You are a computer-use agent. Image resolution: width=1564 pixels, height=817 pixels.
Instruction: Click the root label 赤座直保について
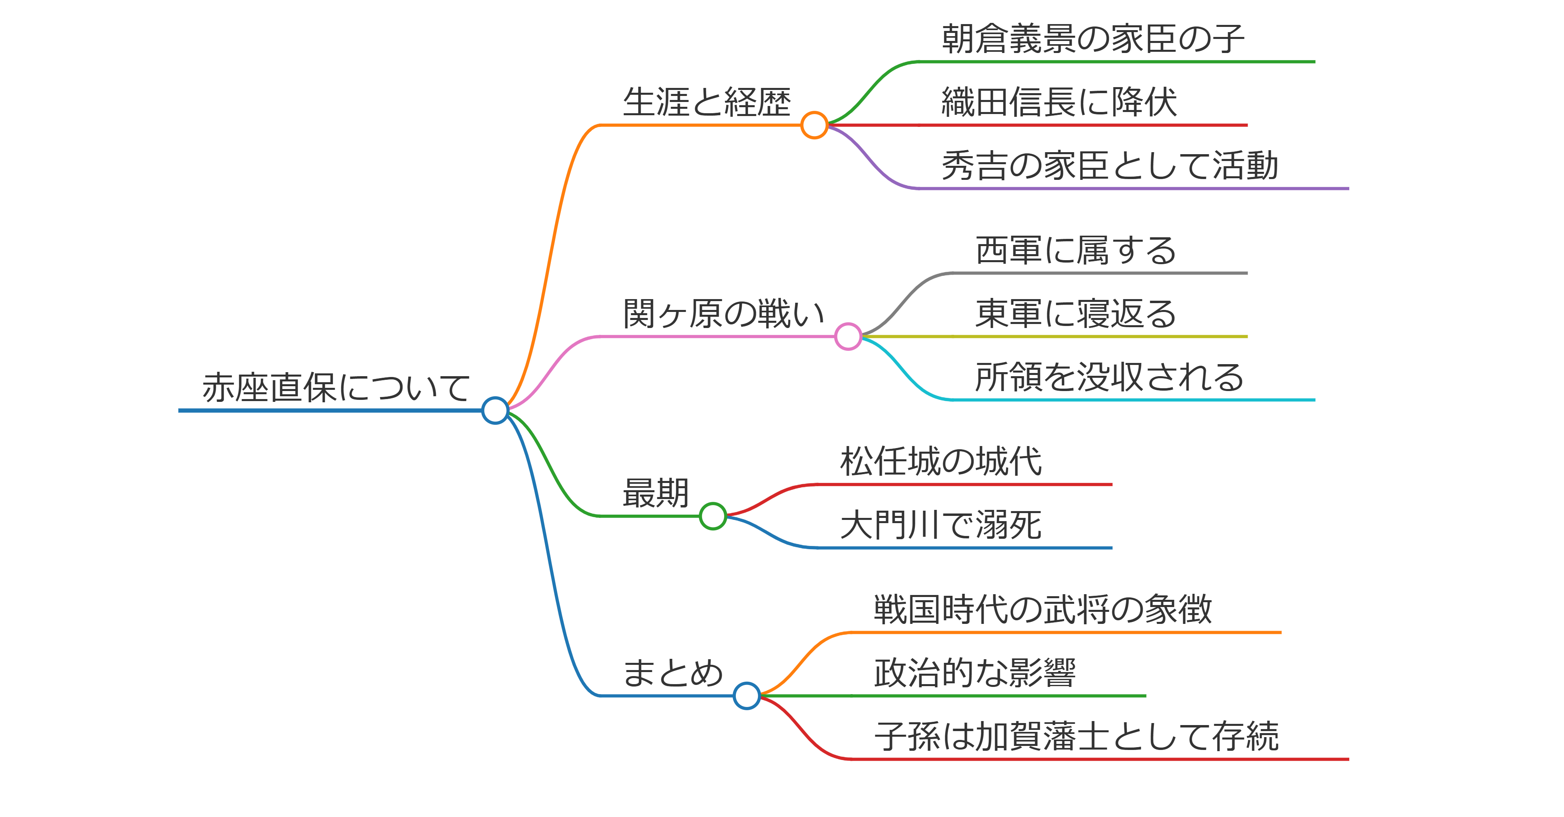[x=336, y=388]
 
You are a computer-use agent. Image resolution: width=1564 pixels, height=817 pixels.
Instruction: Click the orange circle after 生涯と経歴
[x=814, y=125]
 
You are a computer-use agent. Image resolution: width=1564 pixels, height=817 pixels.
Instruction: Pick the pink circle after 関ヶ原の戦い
[x=848, y=336]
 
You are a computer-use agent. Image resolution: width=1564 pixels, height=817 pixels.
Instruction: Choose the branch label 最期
[x=656, y=493]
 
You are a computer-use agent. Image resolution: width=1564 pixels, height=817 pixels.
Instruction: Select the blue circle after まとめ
[x=746, y=696]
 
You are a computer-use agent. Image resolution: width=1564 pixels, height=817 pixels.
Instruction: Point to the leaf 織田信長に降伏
[x=1059, y=102]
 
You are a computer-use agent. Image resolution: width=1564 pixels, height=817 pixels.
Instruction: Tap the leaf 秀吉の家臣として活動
[x=1110, y=166]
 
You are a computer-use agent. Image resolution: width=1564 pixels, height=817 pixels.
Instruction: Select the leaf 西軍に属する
[x=1076, y=251]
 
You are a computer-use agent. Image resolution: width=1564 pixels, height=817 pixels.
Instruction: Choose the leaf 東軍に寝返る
[x=1076, y=314]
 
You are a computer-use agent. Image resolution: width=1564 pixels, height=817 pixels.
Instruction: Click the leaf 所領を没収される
[x=1109, y=377]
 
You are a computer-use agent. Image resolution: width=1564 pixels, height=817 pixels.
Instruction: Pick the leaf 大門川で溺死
[x=941, y=525]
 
